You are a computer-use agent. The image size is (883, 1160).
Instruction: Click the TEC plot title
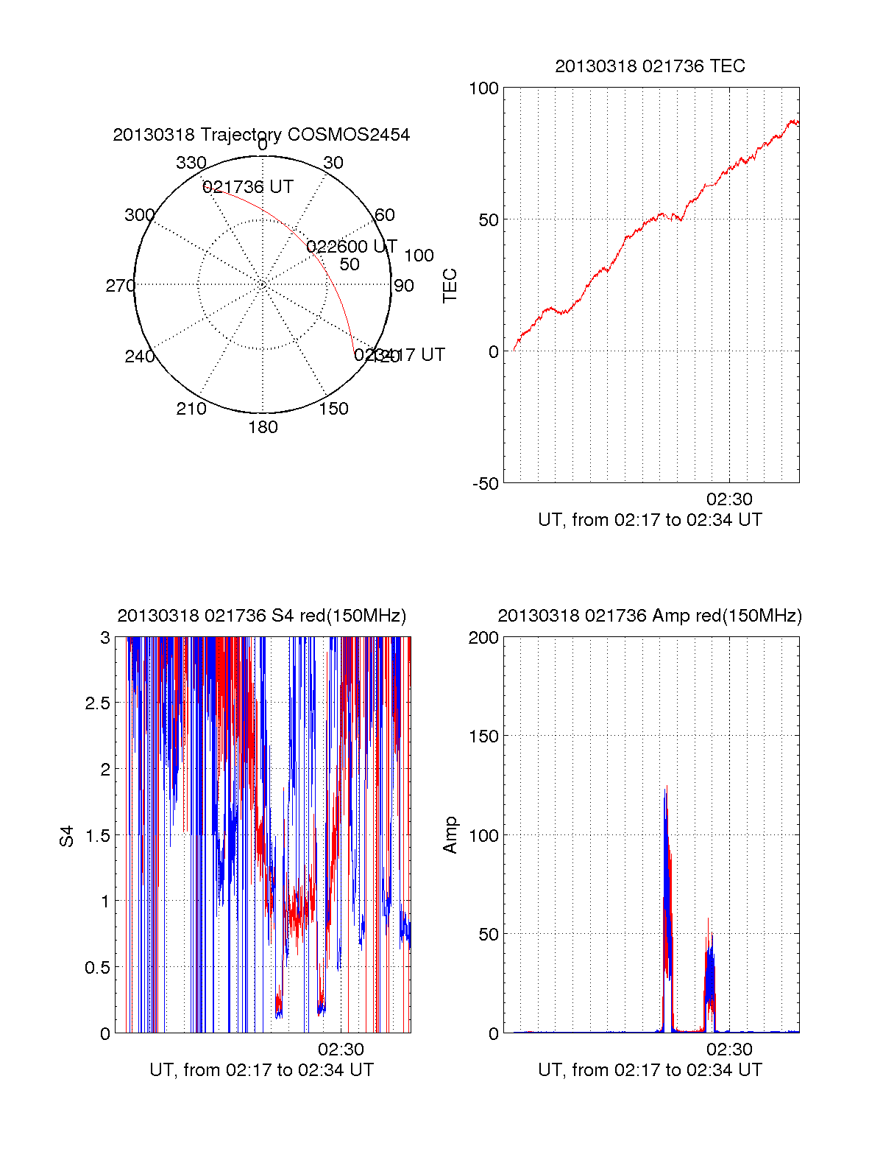coord(650,66)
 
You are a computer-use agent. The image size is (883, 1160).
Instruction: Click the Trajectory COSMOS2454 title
coord(261,135)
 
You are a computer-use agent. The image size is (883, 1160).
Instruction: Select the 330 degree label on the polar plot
coord(191,163)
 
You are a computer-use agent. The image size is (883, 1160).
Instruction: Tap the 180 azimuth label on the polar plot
coord(263,427)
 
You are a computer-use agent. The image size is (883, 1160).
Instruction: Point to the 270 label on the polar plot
coord(120,286)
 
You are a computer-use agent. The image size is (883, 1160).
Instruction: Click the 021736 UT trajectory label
coord(248,187)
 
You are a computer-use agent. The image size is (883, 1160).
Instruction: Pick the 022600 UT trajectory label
coord(352,246)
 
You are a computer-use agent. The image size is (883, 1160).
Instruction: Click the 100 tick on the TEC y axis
coord(483,89)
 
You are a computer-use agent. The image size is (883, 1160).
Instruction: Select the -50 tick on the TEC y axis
coord(486,484)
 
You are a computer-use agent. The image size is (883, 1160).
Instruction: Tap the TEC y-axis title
coord(450,286)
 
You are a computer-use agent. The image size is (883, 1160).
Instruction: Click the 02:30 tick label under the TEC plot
coord(729,499)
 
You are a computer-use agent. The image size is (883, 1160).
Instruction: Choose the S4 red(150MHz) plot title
coord(261,616)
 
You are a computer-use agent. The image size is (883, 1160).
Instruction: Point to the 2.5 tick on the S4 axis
coord(97,703)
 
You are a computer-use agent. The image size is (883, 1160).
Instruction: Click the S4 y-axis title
coord(67,836)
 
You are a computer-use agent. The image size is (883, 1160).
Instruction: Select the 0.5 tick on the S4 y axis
coord(97,968)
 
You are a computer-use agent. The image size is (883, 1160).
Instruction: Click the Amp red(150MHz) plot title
coord(650,616)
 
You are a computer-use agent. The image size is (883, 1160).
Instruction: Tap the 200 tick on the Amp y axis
coord(483,638)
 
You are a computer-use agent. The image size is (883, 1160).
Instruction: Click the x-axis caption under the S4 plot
coord(261,1070)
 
